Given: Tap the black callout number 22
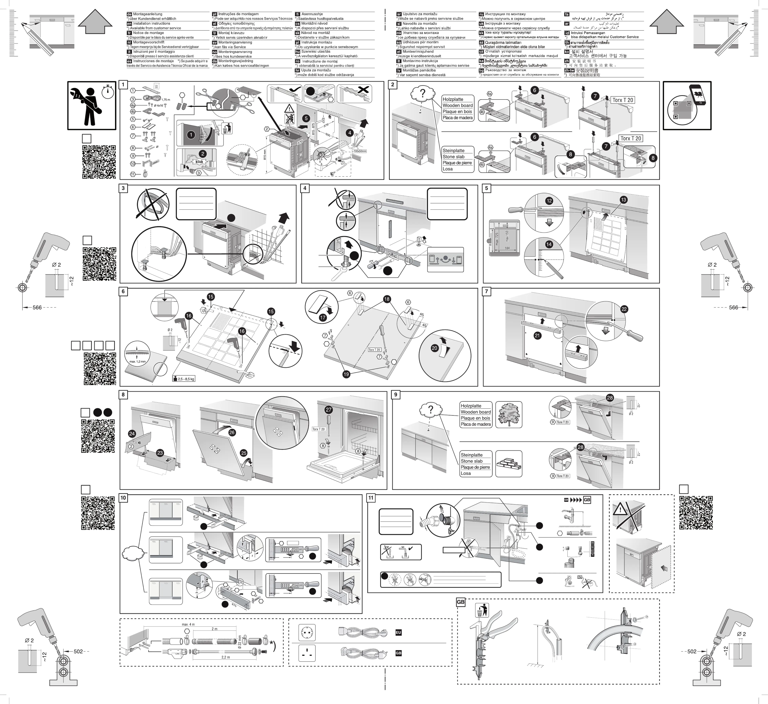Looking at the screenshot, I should coord(624,309).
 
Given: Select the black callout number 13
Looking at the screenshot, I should coord(623,200).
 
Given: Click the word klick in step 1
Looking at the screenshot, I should coord(199,162).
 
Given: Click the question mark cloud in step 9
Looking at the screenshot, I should coord(430,410).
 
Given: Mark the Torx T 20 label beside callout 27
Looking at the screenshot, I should coord(319,429).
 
